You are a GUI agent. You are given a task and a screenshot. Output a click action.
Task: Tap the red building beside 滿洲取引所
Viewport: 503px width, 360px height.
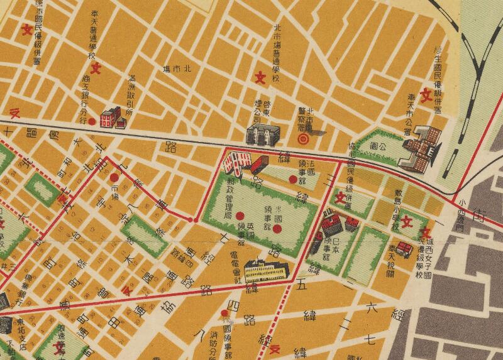[x=112, y=116]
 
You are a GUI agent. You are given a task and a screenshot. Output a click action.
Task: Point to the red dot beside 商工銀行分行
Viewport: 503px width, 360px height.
[x=92, y=122]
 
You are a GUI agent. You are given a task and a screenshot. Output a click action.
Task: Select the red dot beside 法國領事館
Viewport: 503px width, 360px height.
[x=292, y=180]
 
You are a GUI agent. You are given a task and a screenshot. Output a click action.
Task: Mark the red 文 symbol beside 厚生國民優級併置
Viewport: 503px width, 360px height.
[x=425, y=95]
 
